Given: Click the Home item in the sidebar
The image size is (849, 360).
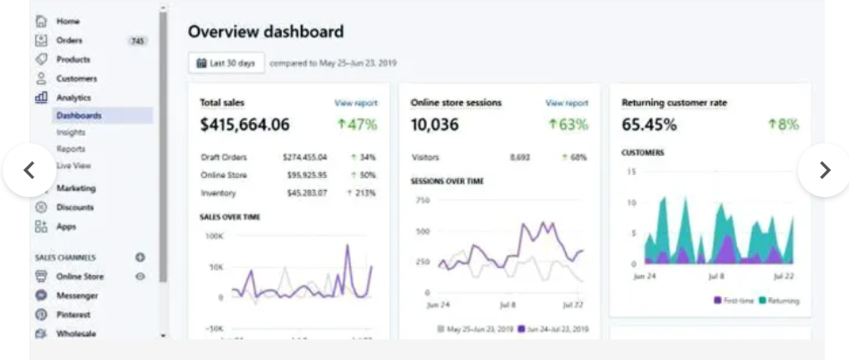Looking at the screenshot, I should click(x=67, y=21).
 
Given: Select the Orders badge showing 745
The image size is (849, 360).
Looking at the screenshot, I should click(x=138, y=40).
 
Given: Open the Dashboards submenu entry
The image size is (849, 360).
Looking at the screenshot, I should click(x=79, y=116).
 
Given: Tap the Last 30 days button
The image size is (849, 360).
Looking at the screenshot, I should click(x=227, y=64).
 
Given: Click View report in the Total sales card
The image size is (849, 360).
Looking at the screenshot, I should click(x=356, y=103).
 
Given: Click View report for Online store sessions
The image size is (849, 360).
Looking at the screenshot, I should click(x=567, y=103).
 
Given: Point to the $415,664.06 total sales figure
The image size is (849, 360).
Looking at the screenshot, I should click(x=244, y=125).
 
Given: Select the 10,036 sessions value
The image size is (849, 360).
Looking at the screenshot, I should click(x=435, y=125).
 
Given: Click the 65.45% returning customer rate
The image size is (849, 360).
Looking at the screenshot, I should click(x=649, y=125).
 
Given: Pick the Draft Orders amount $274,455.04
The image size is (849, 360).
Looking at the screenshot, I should click(x=304, y=158).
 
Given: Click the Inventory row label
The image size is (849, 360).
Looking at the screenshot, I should click(x=219, y=193).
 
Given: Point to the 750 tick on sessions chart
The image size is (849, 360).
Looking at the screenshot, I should click(x=422, y=200).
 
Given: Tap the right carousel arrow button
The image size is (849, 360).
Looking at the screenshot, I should click(x=823, y=170).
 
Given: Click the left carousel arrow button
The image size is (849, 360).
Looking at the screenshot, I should click(x=29, y=170).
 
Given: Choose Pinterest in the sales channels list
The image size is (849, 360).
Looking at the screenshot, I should click(x=73, y=315).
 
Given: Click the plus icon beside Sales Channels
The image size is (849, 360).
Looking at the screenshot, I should click(x=140, y=258).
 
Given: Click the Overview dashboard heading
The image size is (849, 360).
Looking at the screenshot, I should click(x=265, y=32).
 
